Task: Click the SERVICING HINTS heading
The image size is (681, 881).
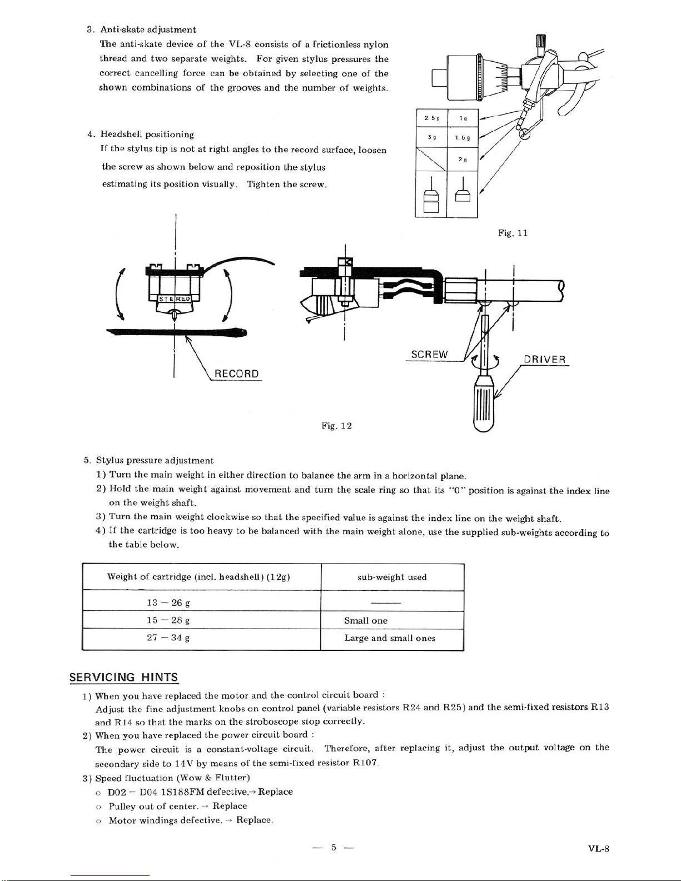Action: click(x=123, y=677)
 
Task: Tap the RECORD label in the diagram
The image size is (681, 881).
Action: click(x=236, y=374)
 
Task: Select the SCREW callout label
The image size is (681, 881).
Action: click(x=429, y=355)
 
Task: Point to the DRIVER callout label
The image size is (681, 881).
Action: click(x=544, y=360)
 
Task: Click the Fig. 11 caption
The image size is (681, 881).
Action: click(x=513, y=233)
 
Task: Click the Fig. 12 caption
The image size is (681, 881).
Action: click(x=336, y=426)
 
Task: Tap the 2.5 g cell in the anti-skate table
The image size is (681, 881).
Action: click(x=431, y=118)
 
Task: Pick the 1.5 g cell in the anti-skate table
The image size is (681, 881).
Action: click(x=463, y=138)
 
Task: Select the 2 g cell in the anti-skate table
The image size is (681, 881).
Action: click(x=463, y=160)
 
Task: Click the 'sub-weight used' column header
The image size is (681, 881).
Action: click(x=392, y=577)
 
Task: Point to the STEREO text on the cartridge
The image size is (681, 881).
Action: click(x=175, y=299)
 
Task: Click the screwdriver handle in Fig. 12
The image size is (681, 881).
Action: click(x=484, y=404)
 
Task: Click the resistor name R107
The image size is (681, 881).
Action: click(x=365, y=763)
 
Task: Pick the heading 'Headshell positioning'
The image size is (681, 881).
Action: click(x=147, y=134)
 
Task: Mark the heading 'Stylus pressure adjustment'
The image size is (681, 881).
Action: click(x=155, y=461)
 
